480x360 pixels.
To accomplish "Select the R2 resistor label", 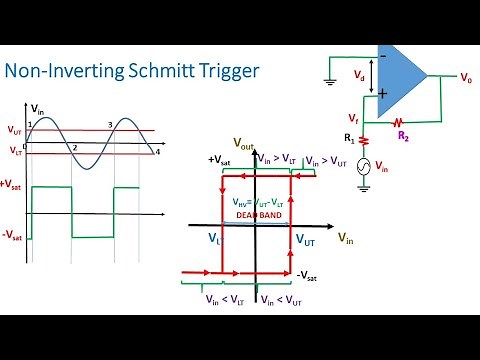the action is (403, 133).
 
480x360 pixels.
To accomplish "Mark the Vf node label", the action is (353, 118).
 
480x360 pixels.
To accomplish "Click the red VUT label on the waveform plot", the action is (14, 129).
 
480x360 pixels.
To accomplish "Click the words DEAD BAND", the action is (253, 214).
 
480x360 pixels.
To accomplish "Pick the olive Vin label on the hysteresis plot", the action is (345, 238).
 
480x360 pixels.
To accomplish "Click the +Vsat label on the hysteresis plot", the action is (221, 160).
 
